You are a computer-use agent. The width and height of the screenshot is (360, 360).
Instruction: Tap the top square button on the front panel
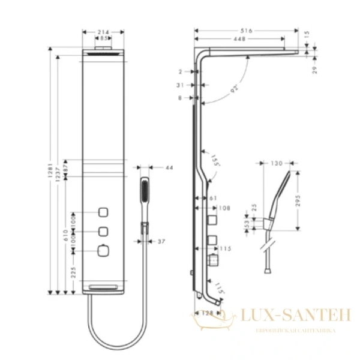pyautogui.click(x=104, y=212)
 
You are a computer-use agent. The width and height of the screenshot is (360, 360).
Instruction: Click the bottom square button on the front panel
pyautogui.click(x=104, y=250)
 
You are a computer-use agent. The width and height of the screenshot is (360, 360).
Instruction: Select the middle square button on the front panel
pyautogui.click(x=104, y=231)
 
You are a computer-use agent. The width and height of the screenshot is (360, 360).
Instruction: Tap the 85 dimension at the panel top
pyautogui.click(x=104, y=38)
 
